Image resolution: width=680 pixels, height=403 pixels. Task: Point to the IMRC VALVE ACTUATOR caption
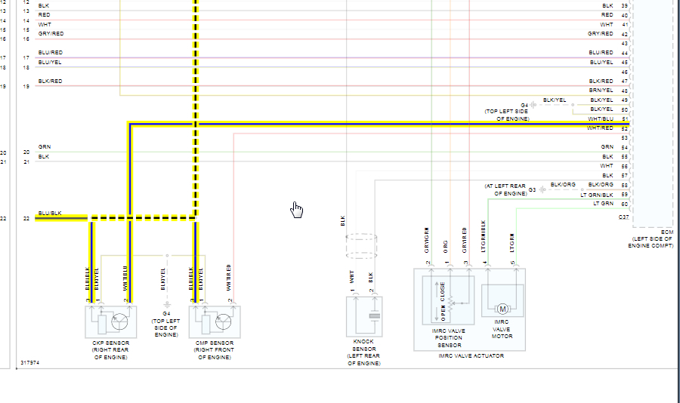471,355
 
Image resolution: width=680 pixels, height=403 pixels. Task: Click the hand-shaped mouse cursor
297,209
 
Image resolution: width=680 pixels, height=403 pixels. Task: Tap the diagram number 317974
30,362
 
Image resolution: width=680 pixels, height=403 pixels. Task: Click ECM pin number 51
625,119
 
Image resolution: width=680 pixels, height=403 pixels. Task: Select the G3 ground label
532,189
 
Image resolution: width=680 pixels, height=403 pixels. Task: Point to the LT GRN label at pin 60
603,204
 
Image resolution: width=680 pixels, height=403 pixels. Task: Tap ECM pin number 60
625,204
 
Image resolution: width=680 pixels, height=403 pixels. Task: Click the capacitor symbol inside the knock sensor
372,316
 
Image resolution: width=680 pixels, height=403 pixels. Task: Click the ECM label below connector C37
666,232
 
